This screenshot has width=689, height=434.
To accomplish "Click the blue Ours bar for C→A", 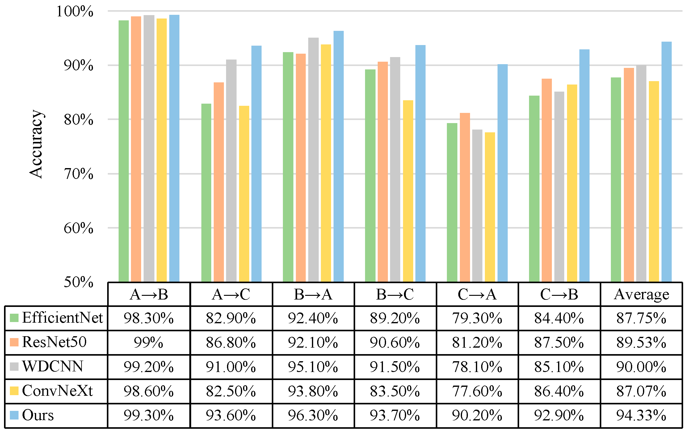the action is [x=502, y=173].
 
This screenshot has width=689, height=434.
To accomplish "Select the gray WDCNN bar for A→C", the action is [x=231, y=171].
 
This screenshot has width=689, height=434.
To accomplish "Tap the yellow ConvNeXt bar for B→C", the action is [x=408, y=191].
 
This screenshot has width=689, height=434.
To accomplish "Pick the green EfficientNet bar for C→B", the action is [x=534, y=189].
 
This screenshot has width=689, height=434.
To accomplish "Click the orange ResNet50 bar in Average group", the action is [x=629, y=175].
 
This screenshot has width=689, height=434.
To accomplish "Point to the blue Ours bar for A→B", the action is [x=174, y=148].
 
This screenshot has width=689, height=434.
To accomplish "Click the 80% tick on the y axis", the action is [x=78, y=119].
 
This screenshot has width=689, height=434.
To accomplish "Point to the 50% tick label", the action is [x=78, y=282].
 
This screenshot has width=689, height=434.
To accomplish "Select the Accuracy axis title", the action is [x=36, y=144].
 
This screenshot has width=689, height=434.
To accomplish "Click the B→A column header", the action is [x=313, y=294].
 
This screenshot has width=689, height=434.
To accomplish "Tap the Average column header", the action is [x=641, y=294].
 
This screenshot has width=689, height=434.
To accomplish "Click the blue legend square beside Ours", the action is [x=14, y=415].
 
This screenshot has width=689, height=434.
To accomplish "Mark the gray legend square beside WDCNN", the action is [x=14, y=366].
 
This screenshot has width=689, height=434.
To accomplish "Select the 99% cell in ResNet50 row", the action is [x=149, y=342].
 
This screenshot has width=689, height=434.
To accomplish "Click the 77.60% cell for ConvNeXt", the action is [x=477, y=391].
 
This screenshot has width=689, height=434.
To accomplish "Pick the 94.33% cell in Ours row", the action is [x=641, y=415].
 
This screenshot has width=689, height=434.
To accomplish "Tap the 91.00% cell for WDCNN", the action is [x=231, y=367].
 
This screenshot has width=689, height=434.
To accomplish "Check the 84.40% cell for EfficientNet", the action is [x=559, y=318].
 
